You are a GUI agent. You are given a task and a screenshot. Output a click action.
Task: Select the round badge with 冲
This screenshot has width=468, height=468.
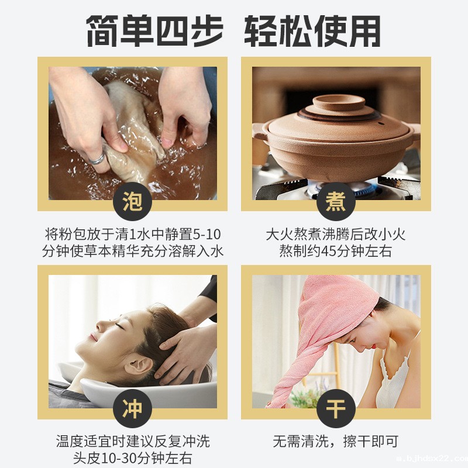pos(132,409)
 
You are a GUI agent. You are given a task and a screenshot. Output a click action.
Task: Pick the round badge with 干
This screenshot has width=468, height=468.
pos(336,409)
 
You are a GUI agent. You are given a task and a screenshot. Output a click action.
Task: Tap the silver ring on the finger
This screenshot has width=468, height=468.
pos(97,157)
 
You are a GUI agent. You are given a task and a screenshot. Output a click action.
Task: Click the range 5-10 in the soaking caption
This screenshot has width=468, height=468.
pos(207,235)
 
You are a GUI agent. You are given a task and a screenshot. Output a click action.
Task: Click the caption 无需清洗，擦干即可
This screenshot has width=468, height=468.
pos(335,441)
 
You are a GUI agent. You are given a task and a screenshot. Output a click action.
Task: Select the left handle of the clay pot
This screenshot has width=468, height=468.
pos(260,133)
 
